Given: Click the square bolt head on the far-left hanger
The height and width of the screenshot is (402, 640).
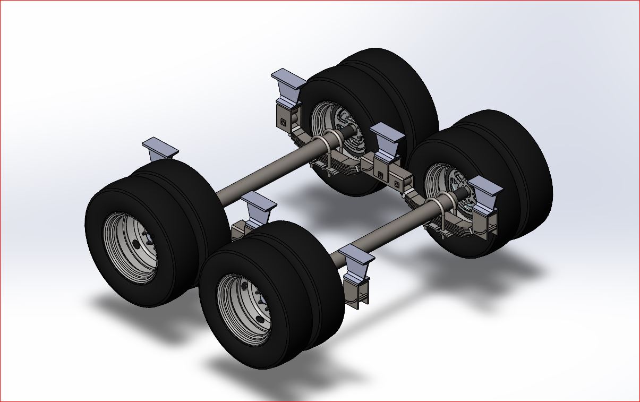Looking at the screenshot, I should point(283,122).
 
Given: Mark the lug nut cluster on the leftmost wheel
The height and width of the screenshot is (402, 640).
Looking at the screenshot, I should point(139,244).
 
